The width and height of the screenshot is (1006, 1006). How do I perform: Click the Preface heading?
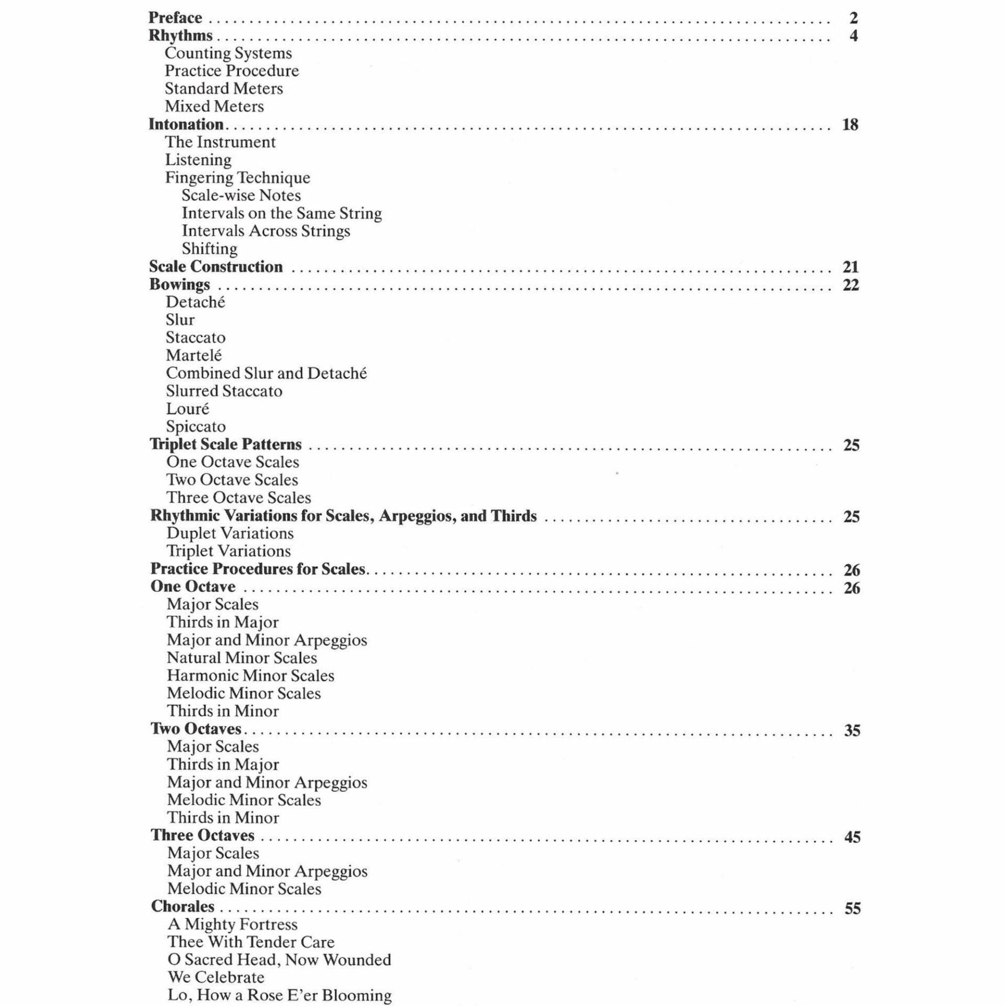tap(175, 18)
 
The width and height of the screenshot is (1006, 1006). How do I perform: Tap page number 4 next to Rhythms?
tap(854, 36)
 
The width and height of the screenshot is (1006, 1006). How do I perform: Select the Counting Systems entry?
tap(228, 53)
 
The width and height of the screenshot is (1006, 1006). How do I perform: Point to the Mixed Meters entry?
tap(214, 106)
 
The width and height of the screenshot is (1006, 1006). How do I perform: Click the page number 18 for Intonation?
tap(850, 125)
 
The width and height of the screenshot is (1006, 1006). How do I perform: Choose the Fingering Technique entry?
tap(237, 178)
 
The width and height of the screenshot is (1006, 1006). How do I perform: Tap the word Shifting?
tap(210, 248)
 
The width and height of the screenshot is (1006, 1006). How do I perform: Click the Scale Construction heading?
tap(216, 267)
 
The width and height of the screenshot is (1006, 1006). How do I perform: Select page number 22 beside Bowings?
tap(851, 285)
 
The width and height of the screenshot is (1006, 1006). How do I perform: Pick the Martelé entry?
tap(194, 355)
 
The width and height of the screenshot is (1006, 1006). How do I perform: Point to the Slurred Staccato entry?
tap(224, 391)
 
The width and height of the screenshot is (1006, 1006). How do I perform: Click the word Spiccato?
tap(195, 427)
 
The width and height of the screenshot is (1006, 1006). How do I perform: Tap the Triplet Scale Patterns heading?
tap(226, 444)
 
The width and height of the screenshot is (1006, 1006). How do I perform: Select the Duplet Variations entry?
tap(229, 533)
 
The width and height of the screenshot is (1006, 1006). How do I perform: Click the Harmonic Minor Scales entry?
tap(250, 675)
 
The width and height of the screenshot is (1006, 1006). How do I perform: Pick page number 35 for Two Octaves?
tap(852, 730)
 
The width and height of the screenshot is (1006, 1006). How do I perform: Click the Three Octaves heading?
tap(203, 835)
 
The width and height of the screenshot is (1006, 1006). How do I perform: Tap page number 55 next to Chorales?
tap(852, 908)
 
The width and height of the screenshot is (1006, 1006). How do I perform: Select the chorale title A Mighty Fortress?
tap(233, 924)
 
